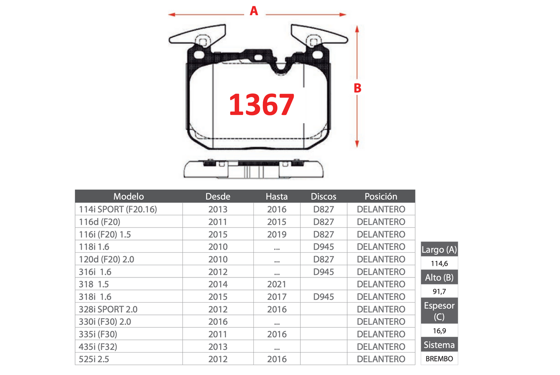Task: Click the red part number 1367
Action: coord(261,104)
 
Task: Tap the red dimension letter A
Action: coord(254,11)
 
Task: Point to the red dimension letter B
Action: coord(357,88)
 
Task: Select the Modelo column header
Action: coord(129,197)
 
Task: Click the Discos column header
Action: coord(324,197)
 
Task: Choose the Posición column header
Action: coord(381,196)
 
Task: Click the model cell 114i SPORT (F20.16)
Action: coord(118,209)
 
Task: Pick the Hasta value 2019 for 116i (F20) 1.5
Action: coord(276,234)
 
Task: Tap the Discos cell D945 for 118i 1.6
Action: coord(324,247)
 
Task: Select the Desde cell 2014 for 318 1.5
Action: coord(218,284)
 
